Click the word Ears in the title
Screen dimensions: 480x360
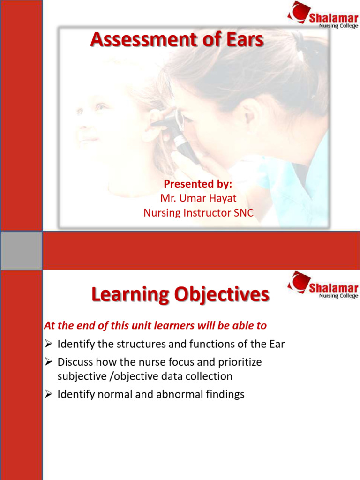(244, 40)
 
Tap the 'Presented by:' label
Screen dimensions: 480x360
(198, 184)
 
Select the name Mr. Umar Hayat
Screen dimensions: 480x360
(198, 198)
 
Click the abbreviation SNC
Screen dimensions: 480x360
(243, 213)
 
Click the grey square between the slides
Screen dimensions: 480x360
(21, 250)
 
